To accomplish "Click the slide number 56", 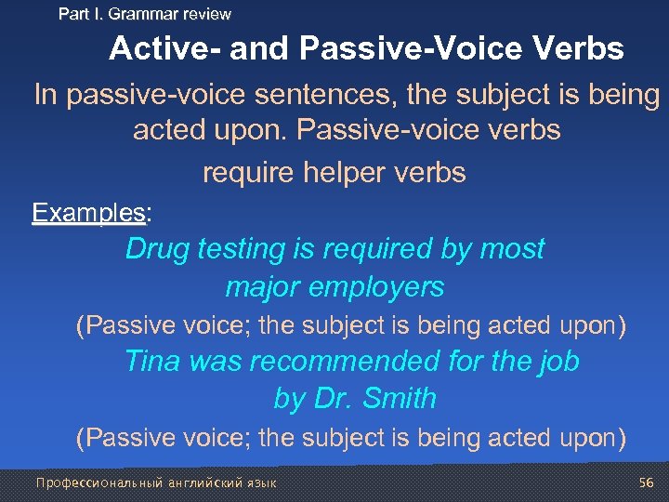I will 647,482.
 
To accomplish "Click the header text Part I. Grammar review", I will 145,14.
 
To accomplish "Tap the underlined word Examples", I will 88,212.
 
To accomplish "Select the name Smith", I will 399,399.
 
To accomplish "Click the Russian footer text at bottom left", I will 155,482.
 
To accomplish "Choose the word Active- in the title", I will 164,48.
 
